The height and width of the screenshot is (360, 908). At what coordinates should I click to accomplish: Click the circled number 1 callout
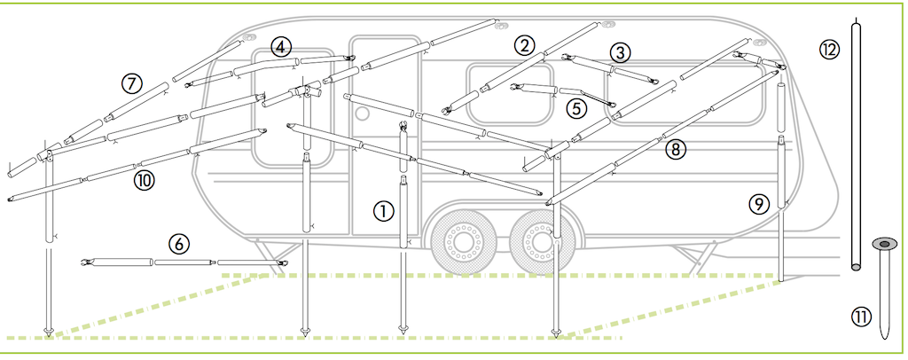pyautogui.click(x=383, y=210)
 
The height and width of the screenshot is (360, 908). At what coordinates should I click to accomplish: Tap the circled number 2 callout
pyautogui.click(x=526, y=45)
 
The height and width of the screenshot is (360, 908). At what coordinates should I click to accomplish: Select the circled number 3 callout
pyautogui.click(x=621, y=51)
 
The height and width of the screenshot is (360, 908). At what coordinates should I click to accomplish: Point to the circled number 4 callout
pyautogui.click(x=281, y=46)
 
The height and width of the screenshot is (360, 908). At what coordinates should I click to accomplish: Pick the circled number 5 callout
pyautogui.click(x=577, y=108)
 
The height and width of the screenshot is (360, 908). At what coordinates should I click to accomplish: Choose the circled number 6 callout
pyautogui.click(x=178, y=242)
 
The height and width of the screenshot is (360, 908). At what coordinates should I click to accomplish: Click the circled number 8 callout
pyautogui.click(x=676, y=150)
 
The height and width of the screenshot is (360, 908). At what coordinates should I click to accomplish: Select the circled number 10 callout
pyautogui.click(x=145, y=180)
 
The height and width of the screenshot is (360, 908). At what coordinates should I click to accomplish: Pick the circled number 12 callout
pyautogui.click(x=829, y=50)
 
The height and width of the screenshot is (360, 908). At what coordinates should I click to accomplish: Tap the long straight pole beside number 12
pyautogui.click(x=857, y=142)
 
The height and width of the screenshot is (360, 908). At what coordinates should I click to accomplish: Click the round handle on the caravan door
pyautogui.click(x=363, y=113)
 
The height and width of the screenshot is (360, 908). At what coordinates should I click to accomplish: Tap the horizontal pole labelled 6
pyautogui.click(x=185, y=262)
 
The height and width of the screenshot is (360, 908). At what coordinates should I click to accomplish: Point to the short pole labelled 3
pyautogui.click(x=612, y=68)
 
